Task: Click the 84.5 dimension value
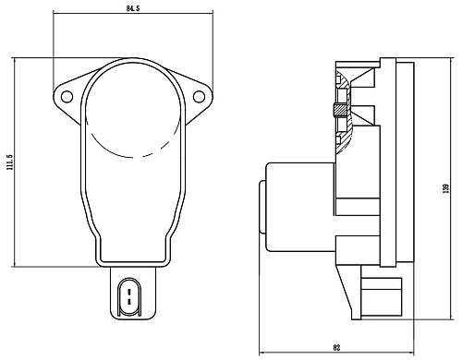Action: [x=133, y=8]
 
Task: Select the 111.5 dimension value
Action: [x=9, y=162]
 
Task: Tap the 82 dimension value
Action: [x=336, y=348]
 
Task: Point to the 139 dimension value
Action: [x=445, y=188]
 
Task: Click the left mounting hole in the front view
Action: [x=67, y=97]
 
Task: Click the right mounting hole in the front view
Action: [x=199, y=97]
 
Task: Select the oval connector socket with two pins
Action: [x=129, y=297]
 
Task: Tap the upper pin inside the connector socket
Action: [x=129, y=292]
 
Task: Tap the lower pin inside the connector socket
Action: [x=129, y=301]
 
